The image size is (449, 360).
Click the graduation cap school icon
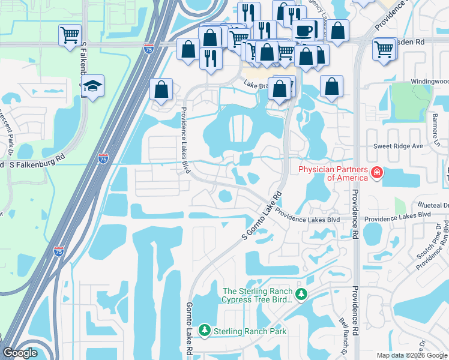click(x=92, y=86)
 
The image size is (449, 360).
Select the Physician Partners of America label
click(x=333, y=173)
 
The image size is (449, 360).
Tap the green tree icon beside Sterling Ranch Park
click(x=205, y=331)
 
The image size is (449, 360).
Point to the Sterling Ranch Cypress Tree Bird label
click(x=257, y=295)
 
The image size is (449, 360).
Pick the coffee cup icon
click(x=305, y=30)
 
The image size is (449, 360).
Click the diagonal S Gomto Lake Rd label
click(x=262, y=215)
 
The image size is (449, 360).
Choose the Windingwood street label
click(x=429, y=81)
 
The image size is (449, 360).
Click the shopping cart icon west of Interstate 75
click(x=70, y=35)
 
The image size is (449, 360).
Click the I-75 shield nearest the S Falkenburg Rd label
click(x=103, y=159)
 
